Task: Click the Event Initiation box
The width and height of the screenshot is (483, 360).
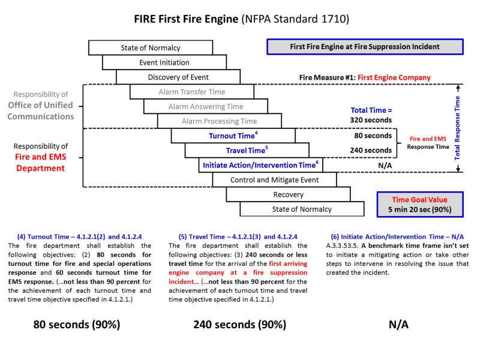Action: tap(164, 62)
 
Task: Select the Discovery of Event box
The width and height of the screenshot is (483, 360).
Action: tap(178, 77)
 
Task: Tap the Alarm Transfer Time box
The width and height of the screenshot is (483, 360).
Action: tap(191, 92)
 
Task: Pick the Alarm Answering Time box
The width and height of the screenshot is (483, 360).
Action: tap(205, 106)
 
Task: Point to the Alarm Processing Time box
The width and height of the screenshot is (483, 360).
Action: tap(220, 121)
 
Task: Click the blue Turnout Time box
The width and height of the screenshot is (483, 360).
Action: tap(233, 136)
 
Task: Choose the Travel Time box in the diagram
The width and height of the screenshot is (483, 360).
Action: tap(247, 151)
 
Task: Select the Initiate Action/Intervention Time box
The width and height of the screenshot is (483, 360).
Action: tap(261, 165)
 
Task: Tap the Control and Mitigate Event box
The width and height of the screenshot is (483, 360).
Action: tap(275, 180)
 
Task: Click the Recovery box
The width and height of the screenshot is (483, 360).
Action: tap(288, 194)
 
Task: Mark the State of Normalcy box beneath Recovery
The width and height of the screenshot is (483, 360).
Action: tap(302, 209)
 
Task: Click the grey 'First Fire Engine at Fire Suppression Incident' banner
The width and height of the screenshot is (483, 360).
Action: tap(365, 47)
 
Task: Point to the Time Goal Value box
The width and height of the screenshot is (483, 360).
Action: tap(420, 204)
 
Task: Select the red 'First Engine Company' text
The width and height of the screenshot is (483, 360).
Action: tap(394, 77)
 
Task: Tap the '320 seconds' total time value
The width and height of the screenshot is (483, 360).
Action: tap(371, 120)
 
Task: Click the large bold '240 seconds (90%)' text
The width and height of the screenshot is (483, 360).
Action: tap(239, 325)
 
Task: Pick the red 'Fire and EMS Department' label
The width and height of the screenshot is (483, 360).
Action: tap(40, 163)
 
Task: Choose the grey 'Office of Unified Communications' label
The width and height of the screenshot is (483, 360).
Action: tap(41, 111)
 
